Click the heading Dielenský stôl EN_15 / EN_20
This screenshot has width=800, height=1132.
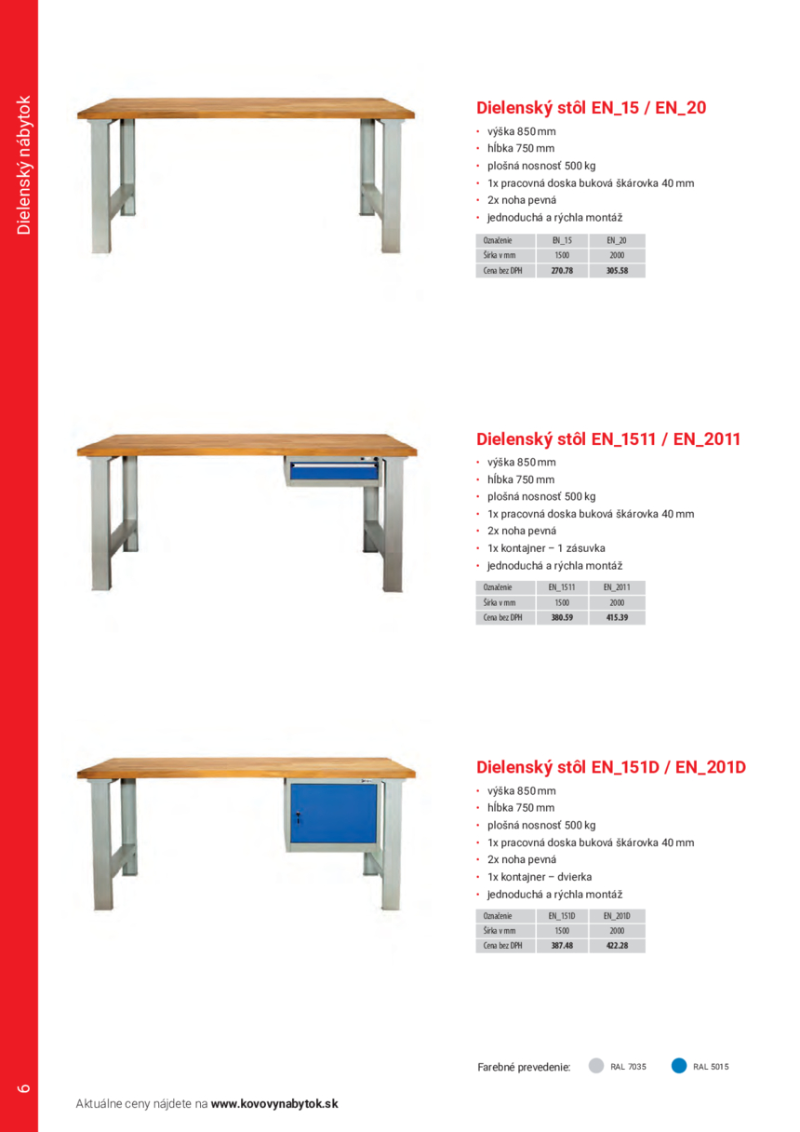click(x=591, y=108)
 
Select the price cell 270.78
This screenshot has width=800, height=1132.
click(x=562, y=271)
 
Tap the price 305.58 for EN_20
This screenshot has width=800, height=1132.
click(x=617, y=271)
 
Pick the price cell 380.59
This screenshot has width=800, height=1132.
click(x=562, y=617)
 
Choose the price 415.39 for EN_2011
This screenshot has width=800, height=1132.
click(x=617, y=617)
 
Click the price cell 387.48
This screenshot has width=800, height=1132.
click(x=562, y=946)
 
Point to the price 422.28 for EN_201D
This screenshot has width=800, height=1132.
click(x=617, y=946)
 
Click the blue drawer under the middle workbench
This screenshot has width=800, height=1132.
click(x=332, y=472)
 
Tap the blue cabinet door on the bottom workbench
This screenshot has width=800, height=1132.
click(x=334, y=815)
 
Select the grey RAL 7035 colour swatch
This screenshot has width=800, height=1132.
click(x=596, y=1067)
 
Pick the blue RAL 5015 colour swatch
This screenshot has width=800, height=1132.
click(x=679, y=1067)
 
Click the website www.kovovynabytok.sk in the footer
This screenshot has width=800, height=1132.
click(x=274, y=1104)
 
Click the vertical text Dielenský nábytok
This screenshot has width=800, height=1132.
click(x=24, y=166)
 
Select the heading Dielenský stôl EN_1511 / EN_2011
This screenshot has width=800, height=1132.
click(x=608, y=438)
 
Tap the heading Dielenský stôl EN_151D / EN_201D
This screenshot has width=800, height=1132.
click(x=611, y=768)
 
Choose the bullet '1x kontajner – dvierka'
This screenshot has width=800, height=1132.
click(x=540, y=877)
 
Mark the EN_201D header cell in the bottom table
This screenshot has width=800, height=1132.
click(x=617, y=916)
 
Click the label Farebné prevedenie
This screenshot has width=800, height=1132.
click(x=524, y=1067)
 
